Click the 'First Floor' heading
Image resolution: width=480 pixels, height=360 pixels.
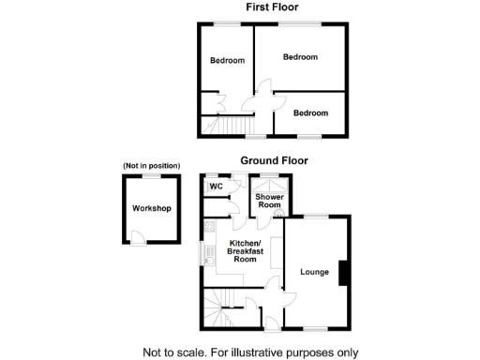[x=273, y=7]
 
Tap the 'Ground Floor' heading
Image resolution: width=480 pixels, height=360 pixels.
[x=274, y=160]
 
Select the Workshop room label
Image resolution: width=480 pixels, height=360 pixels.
[x=151, y=208]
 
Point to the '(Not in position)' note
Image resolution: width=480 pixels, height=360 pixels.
[x=150, y=166]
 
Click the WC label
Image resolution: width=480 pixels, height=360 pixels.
[x=216, y=187]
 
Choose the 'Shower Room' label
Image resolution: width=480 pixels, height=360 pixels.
[x=271, y=202]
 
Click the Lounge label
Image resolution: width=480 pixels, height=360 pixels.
[x=314, y=273]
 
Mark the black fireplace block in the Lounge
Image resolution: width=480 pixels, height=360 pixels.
[x=345, y=272]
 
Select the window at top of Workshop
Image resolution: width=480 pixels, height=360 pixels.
[x=150, y=175]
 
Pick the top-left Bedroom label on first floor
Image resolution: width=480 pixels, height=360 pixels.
[x=227, y=61]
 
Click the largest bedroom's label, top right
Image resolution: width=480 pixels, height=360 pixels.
[x=300, y=57]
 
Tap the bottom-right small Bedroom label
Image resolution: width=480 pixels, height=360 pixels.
[x=310, y=112]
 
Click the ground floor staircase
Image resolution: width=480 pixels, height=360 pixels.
[x=219, y=308]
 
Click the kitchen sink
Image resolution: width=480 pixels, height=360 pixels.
[x=203, y=253]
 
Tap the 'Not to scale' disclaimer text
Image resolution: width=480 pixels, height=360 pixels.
[x=250, y=352]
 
